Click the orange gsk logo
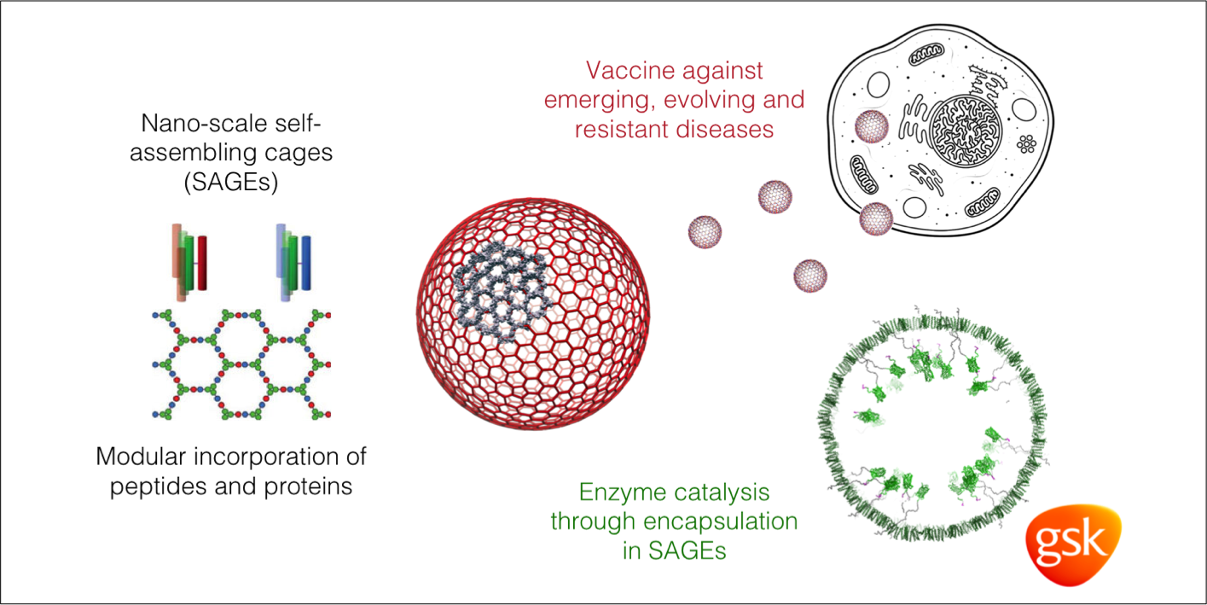[1073, 544]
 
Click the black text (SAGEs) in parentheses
[231, 183]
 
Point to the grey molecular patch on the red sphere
[501, 291]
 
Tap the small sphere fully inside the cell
[871, 125]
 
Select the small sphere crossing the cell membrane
[876, 218]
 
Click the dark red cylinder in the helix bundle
[202, 263]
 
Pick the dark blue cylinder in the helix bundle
[305, 263]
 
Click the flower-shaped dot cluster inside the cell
[1026, 144]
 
